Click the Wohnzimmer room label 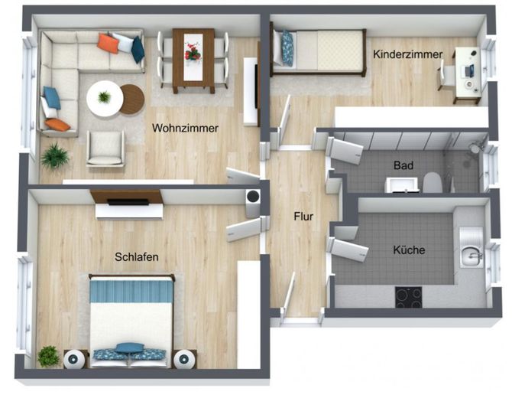pyautogui.click(x=185, y=128)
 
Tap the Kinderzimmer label pyautogui.click(x=408, y=54)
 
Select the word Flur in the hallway pyautogui.click(x=303, y=216)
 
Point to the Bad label pyautogui.click(x=403, y=165)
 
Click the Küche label pyautogui.click(x=409, y=250)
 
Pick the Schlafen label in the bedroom pyautogui.click(x=137, y=256)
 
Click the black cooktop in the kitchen pyautogui.click(x=408, y=297)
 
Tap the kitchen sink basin pyautogui.click(x=471, y=255)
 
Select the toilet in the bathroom pyautogui.click(x=433, y=182)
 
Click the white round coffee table pyautogui.click(x=105, y=98)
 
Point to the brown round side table pyautogui.click(x=133, y=99)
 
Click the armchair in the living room pyautogui.click(x=105, y=148)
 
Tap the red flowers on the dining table pyautogui.click(x=193, y=52)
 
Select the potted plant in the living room pyautogui.click(x=55, y=155)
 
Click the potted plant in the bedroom pyautogui.click(x=48, y=356)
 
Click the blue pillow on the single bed pyautogui.click(x=287, y=48)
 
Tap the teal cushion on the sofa pyautogui.click(x=138, y=50)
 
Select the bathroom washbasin pyautogui.click(x=402, y=184)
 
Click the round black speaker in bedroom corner pyautogui.click(x=253, y=197)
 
